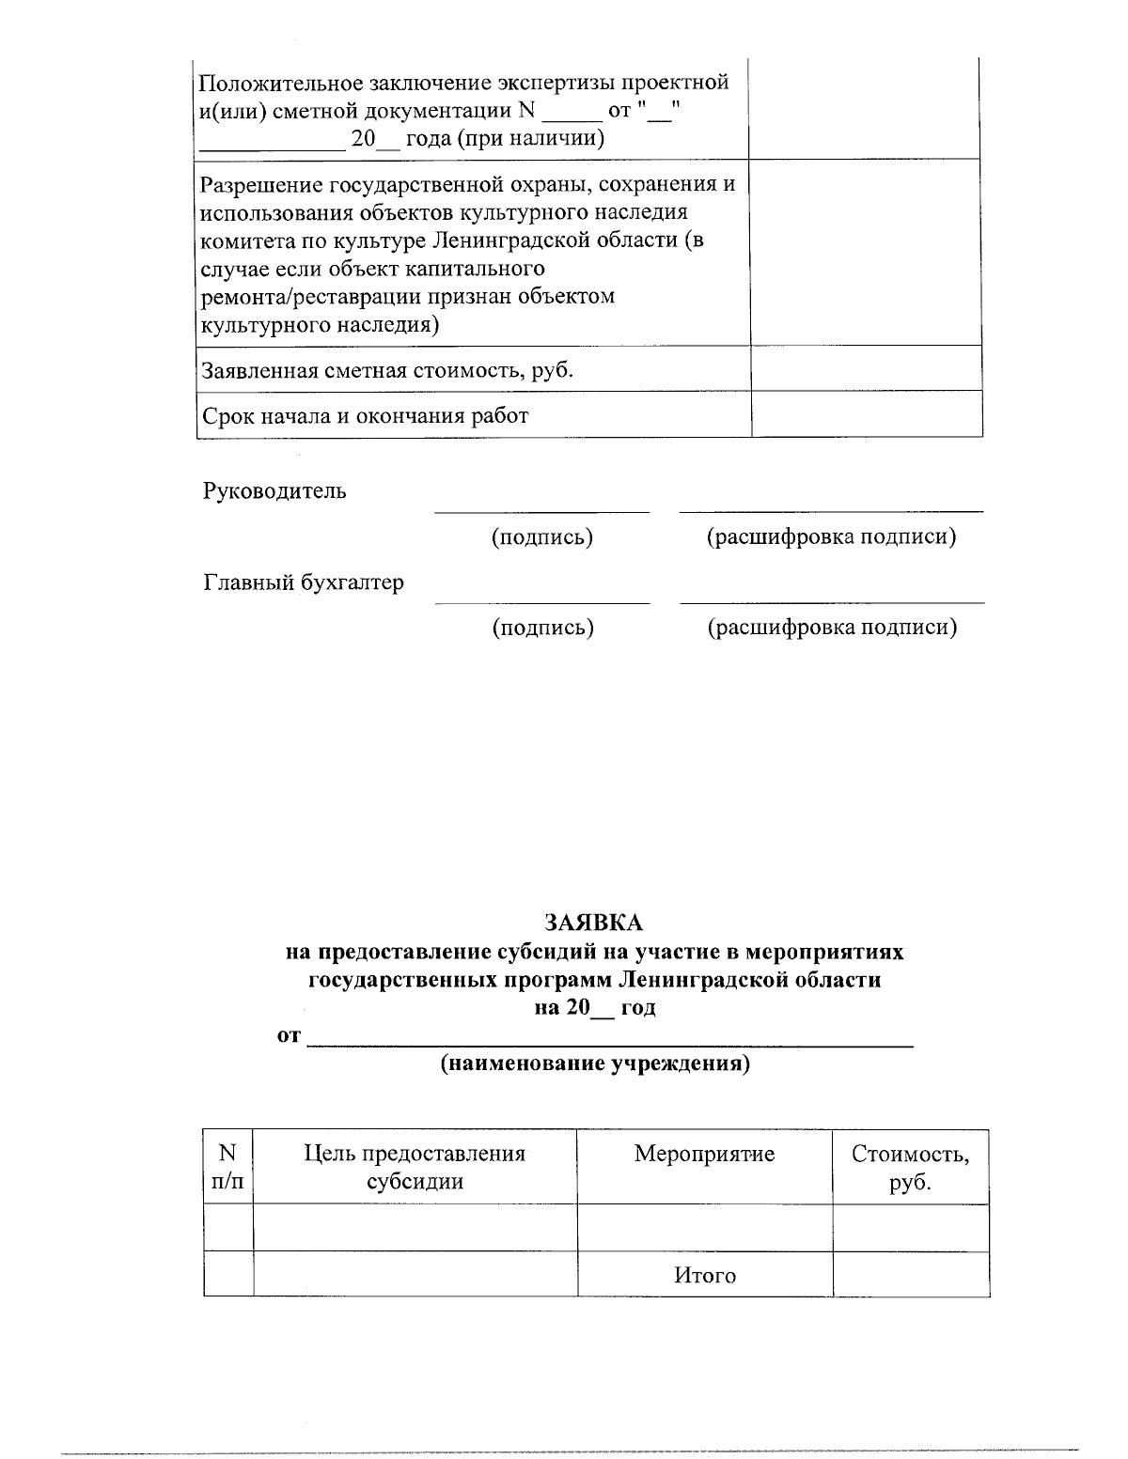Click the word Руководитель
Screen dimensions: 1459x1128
[x=274, y=490]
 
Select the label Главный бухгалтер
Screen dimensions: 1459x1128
[x=304, y=582]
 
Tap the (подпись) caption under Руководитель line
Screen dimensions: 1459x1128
[x=542, y=537]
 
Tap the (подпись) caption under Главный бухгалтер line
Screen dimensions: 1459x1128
[x=542, y=628]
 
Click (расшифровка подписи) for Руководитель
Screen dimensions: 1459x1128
[x=831, y=537]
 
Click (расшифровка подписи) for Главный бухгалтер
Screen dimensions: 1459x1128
[x=831, y=628]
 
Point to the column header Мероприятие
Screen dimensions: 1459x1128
[x=704, y=1154]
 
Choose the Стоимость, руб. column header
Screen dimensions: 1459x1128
[x=909, y=1167]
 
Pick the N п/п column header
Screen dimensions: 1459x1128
[x=227, y=1167]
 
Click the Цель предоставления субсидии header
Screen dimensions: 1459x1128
[x=415, y=1167]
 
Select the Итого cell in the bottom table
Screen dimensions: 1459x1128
[x=704, y=1276]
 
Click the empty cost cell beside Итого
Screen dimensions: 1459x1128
[x=910, y=1275]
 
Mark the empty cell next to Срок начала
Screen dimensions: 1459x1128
[x=867, y=415]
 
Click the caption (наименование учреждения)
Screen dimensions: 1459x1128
[x=595, y=1064]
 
